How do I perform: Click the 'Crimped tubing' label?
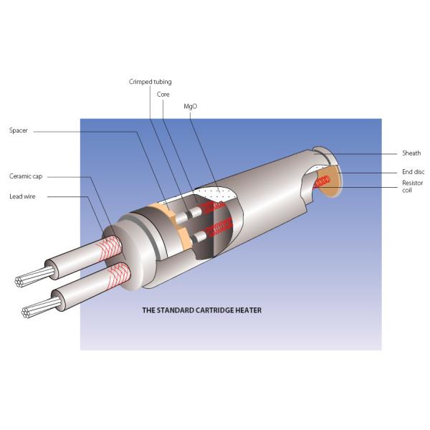[x=150, y=82]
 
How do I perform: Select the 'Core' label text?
[x=163, y=94]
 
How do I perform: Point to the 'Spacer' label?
[x=19, y=131]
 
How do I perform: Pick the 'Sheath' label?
[x=411, y=153]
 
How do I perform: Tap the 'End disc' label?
[x=413, y=172]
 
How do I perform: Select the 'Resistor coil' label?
[x=412, y=187]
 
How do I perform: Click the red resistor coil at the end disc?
[x=324, y=182]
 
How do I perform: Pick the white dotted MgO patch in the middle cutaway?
[x=219, y=193]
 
